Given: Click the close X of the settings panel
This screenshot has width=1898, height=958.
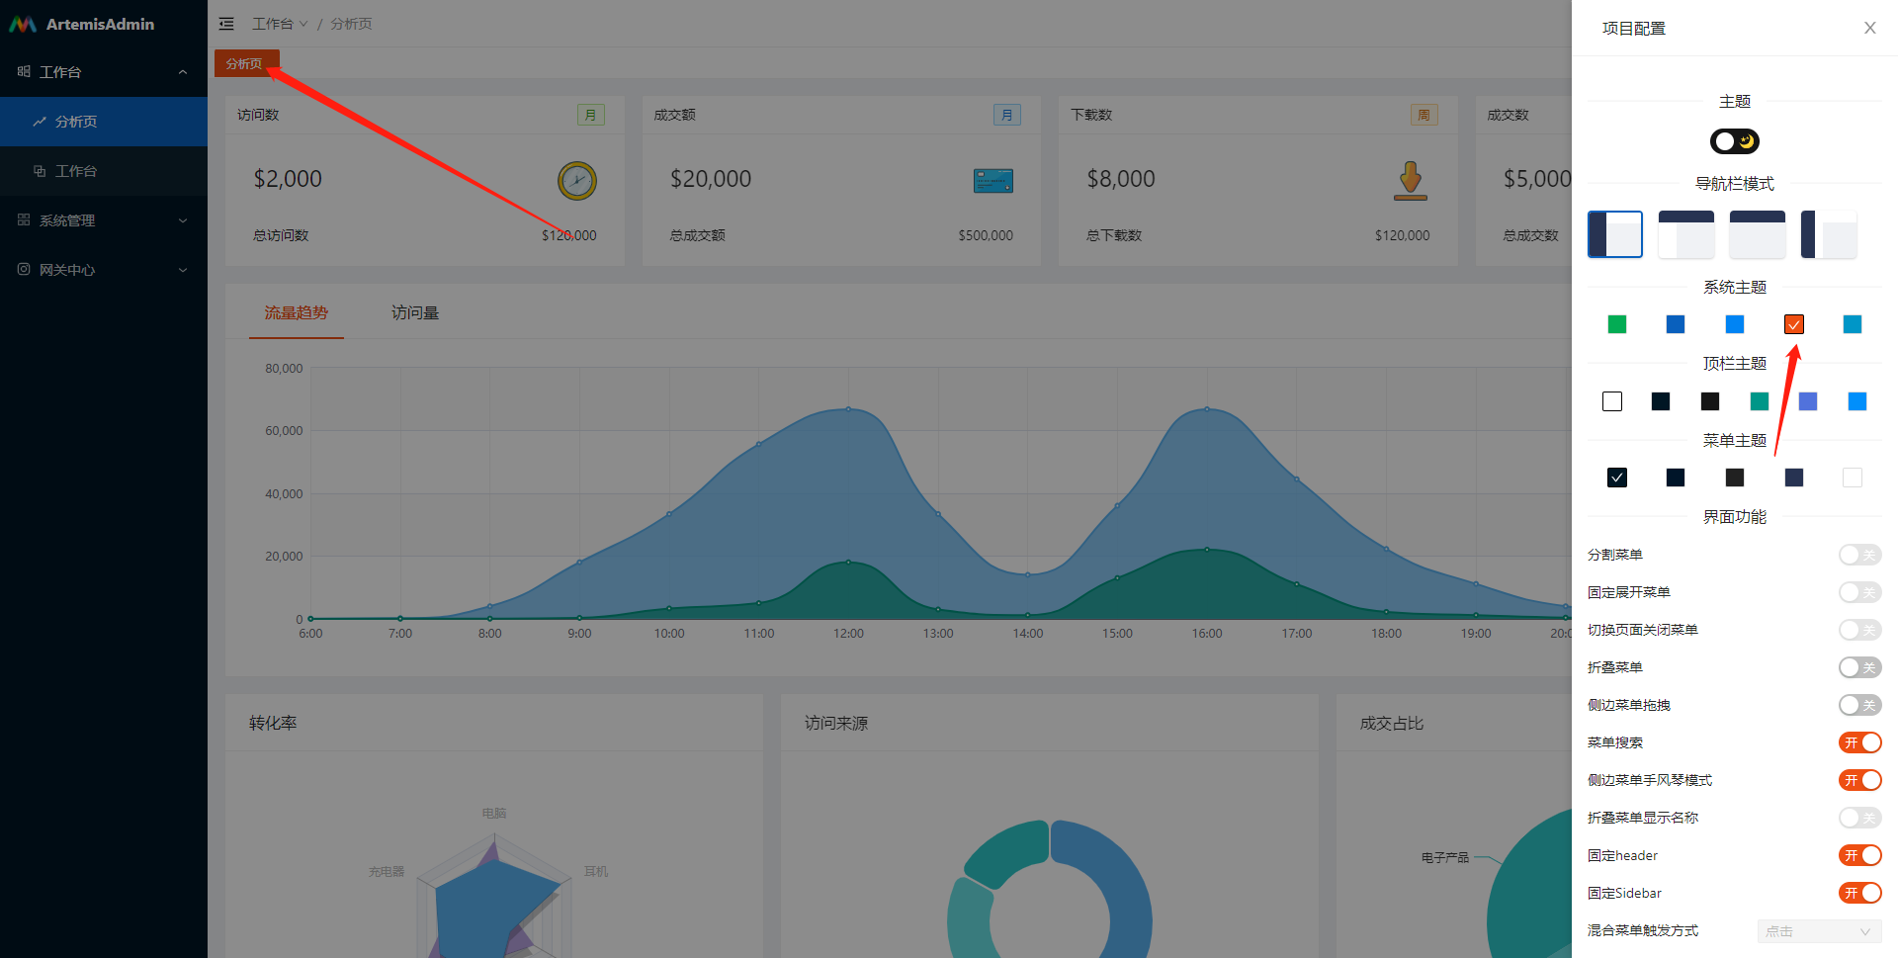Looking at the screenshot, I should click(1869, 28).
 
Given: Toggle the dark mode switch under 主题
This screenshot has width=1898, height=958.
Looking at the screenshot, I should click(1735, 141).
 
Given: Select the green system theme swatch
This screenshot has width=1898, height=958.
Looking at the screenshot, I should click(1617, 324).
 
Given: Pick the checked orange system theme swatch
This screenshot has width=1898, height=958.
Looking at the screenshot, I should click(1793, 324).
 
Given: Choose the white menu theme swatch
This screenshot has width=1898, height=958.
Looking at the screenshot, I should click(1853, 478).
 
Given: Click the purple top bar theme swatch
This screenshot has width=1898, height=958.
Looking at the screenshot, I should click(1808, 401).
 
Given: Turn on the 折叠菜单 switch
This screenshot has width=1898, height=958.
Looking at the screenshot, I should click(1859, 667).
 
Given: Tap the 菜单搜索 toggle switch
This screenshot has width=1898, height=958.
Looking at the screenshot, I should click(1859, 742).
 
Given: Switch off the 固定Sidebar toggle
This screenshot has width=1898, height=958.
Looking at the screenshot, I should click(1859, 893).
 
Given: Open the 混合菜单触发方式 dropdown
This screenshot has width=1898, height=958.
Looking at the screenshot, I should click(1819, 931).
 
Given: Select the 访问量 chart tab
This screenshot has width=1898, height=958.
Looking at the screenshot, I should click(415, 313).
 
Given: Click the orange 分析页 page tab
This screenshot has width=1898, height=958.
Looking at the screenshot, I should click(244, 63).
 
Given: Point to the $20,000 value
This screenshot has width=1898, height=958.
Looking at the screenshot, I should click(711, 179).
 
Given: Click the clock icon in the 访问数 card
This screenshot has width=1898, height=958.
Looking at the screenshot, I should click(577, 181).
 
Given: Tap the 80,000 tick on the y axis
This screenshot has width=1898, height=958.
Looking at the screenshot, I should click(284, 369).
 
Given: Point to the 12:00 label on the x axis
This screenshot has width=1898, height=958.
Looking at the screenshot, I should click(848, 634).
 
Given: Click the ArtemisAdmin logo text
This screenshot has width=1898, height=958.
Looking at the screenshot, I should click(100, 24).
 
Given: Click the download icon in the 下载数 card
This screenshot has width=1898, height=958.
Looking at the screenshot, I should click(1411, 181).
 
